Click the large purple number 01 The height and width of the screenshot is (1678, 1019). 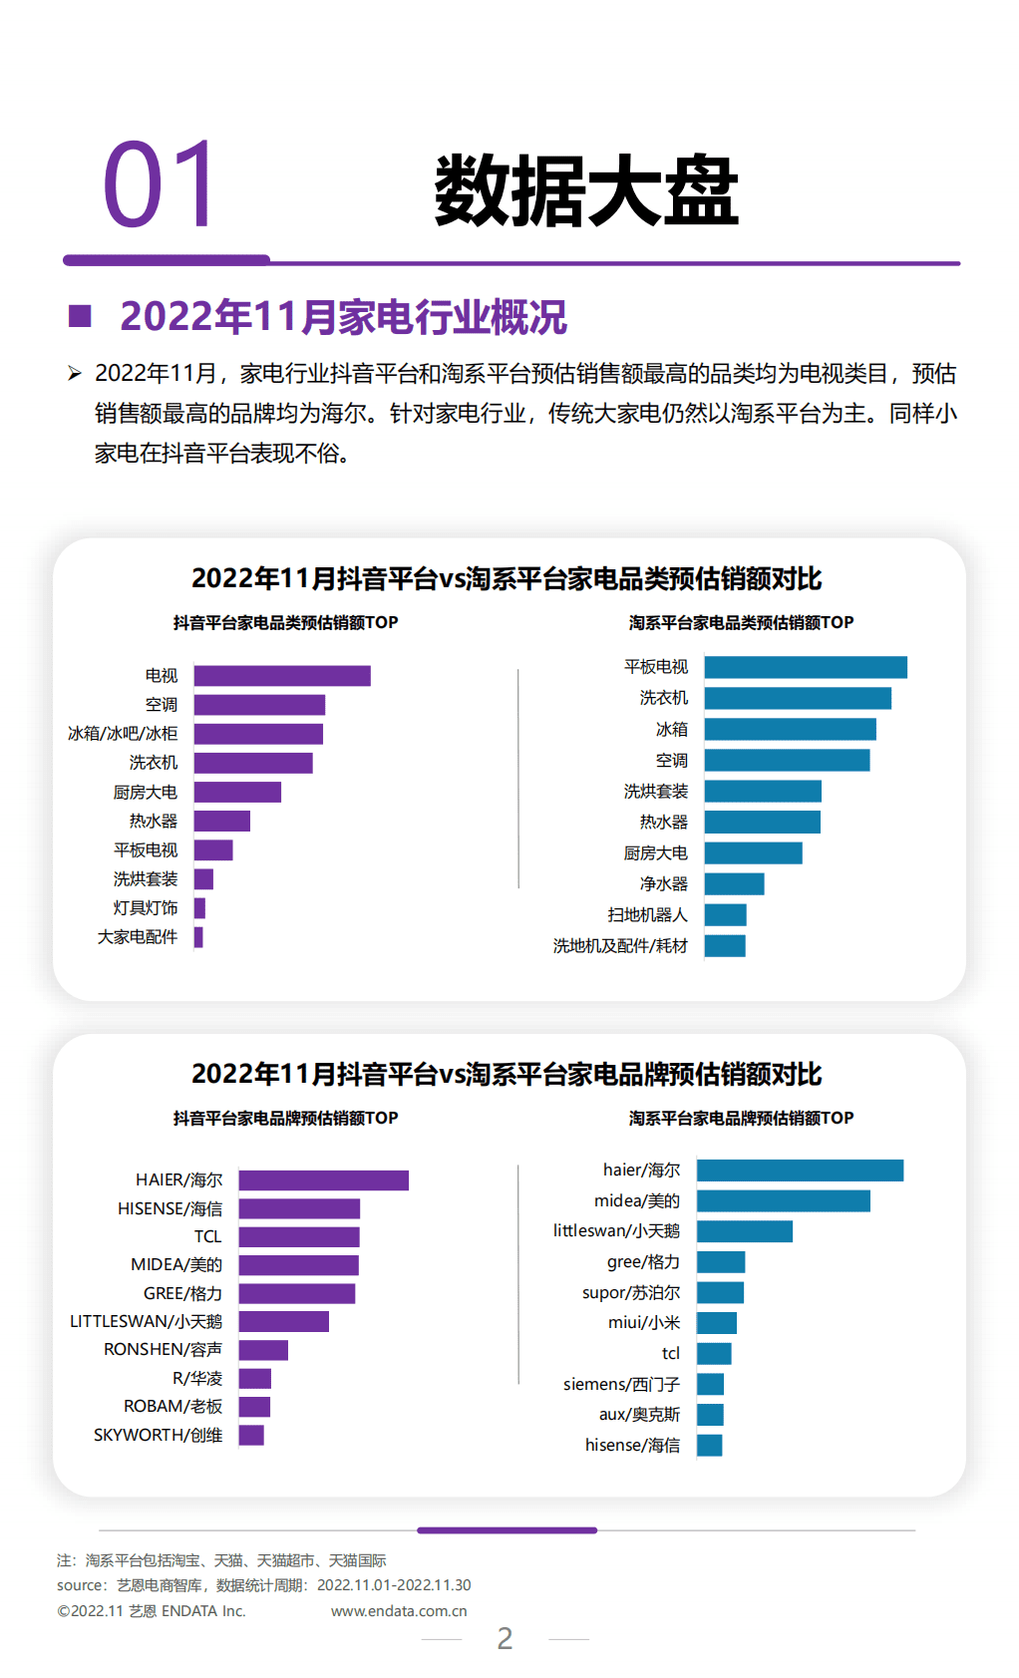pos(159,185)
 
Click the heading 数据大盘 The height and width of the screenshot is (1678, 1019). pos(585,191)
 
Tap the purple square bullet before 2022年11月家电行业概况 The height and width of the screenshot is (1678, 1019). pos(80,317)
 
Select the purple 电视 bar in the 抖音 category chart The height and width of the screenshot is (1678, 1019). pos(282,676)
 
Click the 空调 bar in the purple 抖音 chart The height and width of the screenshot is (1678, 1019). pos(259,705)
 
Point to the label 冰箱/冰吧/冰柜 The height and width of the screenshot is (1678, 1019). pos(123,734)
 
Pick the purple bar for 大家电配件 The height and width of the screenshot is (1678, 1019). pos(198,937)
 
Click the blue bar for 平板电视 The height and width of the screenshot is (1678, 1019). pos(806,667)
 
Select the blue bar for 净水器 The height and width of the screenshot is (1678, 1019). pos(734,884)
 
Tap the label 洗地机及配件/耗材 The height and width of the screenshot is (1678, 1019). pos(620,946)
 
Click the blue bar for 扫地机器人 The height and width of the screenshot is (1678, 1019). pos(725,915)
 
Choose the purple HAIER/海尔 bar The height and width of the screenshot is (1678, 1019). pos(323,1180)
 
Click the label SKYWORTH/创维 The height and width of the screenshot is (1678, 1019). pos(158,1436)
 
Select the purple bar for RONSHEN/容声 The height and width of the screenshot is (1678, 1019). pos(263,1350)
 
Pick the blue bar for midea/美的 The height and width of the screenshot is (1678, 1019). pos(783,1201)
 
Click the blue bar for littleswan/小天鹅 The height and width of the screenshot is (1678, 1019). pos(744,1231)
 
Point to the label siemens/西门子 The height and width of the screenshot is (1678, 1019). pos(621,1385)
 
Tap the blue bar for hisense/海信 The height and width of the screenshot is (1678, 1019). pos(709,1446)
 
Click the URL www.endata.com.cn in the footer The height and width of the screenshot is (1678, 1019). pos(399,1611)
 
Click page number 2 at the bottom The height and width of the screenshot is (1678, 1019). pos(505,1638)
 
